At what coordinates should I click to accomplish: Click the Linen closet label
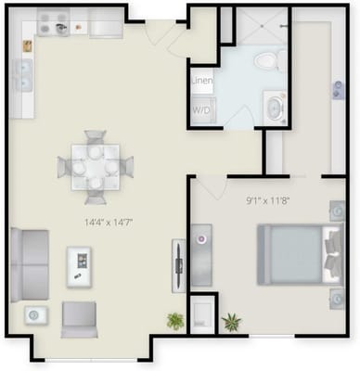(202, 82)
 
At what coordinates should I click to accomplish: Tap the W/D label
(201, 110)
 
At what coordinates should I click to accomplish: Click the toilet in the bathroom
(266, 60)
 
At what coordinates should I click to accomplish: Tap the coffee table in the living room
(81, 265)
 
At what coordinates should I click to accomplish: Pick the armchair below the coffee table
(80, 318)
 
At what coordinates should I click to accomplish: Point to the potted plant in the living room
(174, 321)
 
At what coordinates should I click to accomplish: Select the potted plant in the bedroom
(231, 322)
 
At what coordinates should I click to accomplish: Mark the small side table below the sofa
(34, 315)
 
